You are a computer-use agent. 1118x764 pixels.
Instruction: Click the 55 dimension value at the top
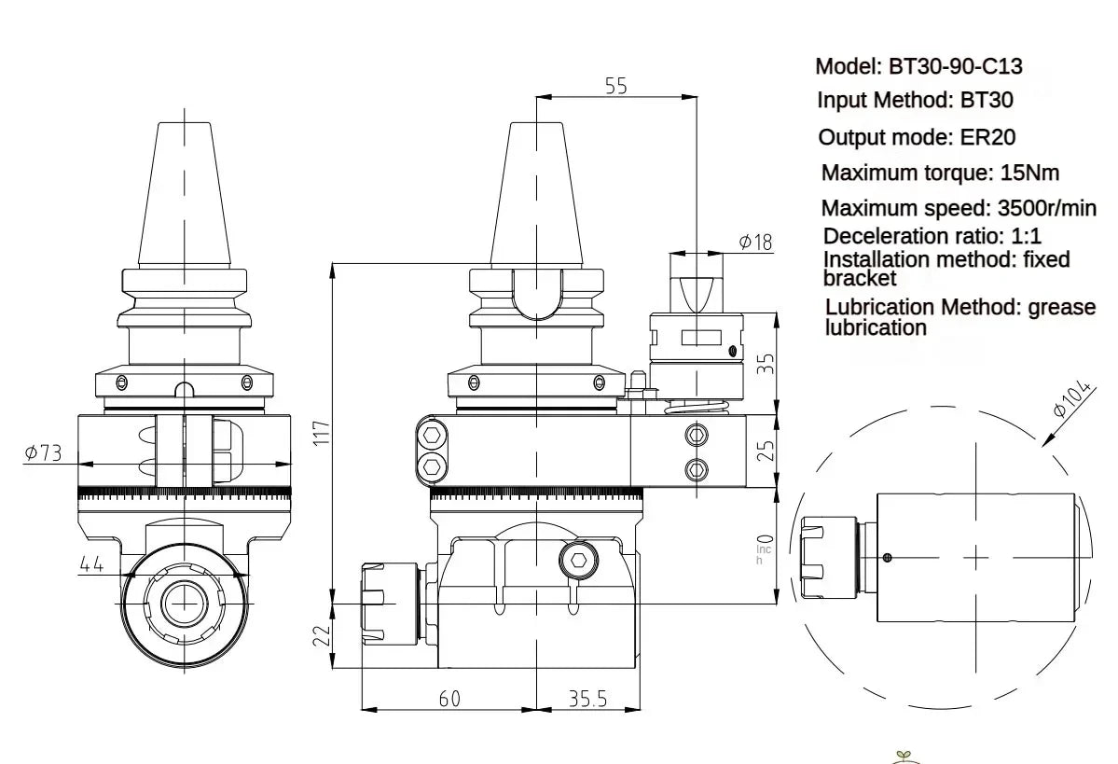[x=616, y=86]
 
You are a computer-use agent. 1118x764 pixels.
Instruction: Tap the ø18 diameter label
[x=755, y=243]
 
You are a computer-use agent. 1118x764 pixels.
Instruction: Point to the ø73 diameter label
[x=44, y=452]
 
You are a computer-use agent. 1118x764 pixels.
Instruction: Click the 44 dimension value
[x=90, y=563]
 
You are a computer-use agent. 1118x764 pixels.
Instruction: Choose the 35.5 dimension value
[x=587, y=698]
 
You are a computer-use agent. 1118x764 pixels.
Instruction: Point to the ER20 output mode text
[x=987, y=137]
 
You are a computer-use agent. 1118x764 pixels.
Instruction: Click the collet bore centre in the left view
[x=183, y=604]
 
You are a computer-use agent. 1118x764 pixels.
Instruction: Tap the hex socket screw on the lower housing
[x=578, y=562]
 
